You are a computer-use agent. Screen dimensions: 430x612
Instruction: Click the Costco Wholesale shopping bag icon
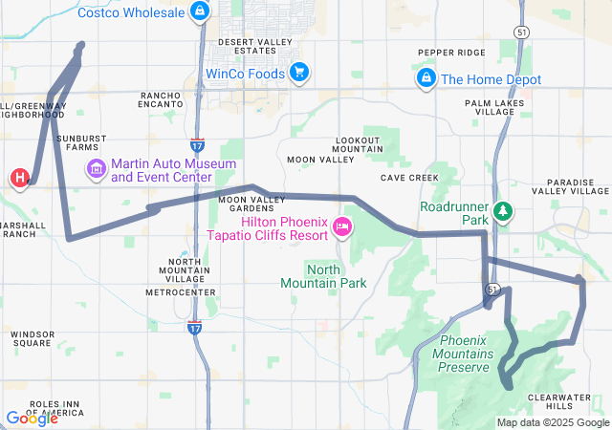pos(199,11)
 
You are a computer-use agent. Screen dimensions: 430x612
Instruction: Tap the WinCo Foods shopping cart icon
pos(298,73)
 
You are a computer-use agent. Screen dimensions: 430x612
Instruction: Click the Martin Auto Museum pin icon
pos(97,171)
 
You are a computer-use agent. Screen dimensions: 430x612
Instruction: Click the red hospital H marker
pos(19,178)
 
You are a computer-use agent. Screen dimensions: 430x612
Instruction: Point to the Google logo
pos(32,418)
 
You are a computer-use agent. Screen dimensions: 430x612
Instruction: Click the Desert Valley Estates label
pos(253,48)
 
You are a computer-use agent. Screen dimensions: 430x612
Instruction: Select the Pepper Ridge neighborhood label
pos(451,53)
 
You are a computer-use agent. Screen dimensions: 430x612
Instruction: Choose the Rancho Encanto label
pos(167,101)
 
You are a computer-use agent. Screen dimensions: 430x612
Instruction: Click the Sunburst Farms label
pos(80,143)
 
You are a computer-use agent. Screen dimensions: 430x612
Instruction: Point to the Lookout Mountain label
pos(359,145)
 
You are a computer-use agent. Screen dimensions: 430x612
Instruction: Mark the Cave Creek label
pos(408,178)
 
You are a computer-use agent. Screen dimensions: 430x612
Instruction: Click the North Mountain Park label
pos(323,276)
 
